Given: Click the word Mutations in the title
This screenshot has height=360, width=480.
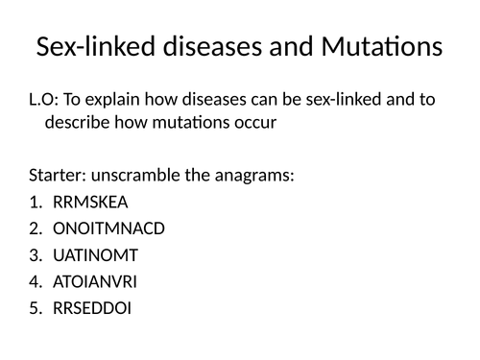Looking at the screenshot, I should coord(378,47).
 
